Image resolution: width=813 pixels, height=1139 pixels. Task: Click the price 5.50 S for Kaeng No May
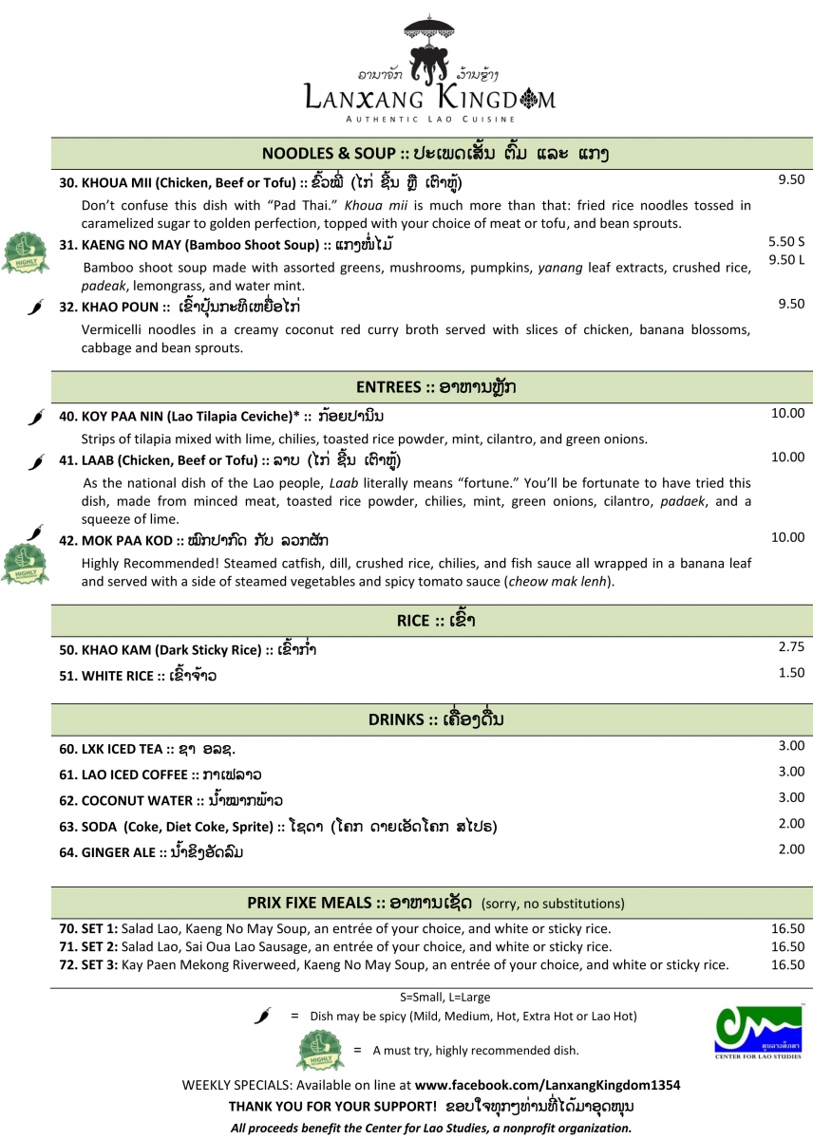pos(786,242)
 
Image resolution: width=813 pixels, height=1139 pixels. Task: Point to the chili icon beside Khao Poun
pos(36,307)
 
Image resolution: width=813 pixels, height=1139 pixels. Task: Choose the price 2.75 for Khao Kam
pos(790,646)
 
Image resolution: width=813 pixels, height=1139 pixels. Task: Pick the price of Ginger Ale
pos(790,850)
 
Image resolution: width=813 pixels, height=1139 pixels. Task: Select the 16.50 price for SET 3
pos(788,965)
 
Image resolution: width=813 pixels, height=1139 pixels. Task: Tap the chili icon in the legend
pos(263,1017)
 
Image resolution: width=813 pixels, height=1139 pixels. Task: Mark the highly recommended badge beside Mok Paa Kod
pos(24,563)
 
